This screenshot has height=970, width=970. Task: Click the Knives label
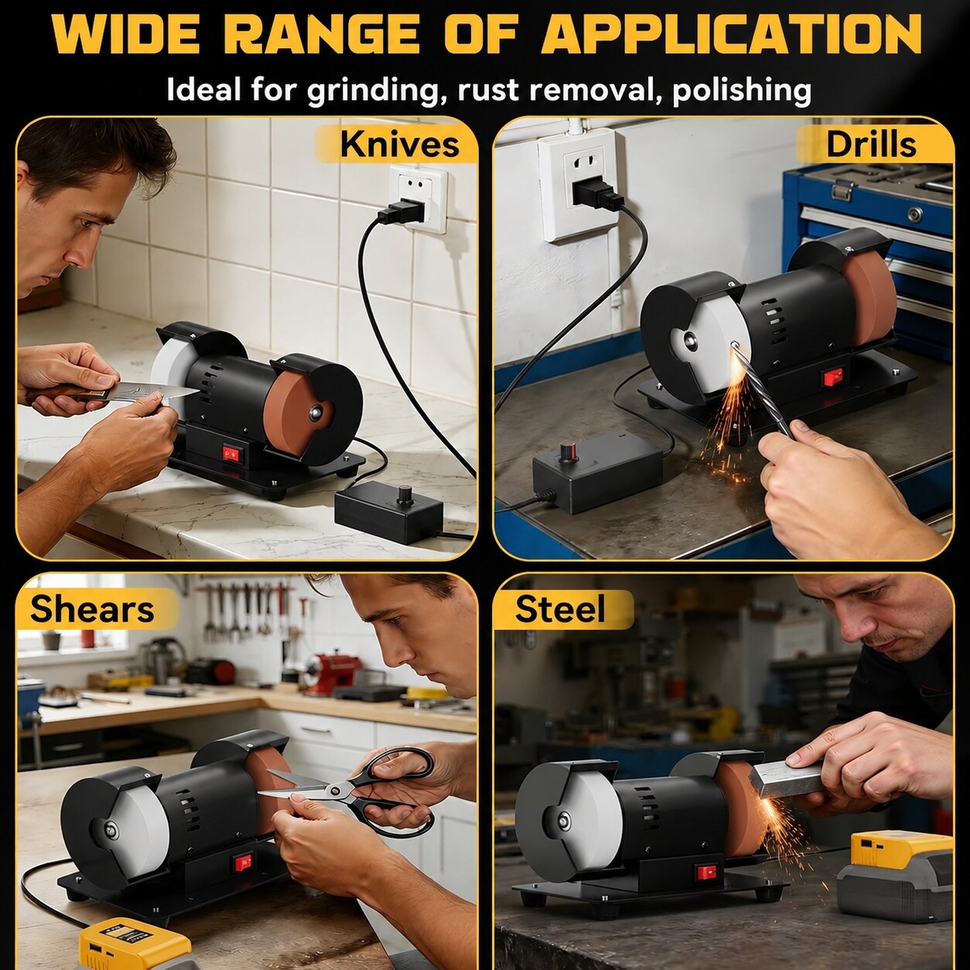coord(399,145)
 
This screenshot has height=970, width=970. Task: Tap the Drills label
coord(871,145)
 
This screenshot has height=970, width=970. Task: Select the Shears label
coord(92,608)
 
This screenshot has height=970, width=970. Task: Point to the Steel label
coord(560,608)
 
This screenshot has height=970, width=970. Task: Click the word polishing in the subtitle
coord(742,91)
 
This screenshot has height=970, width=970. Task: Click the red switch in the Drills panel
coord(830,377)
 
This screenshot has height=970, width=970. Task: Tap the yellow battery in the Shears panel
coord(133,942)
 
